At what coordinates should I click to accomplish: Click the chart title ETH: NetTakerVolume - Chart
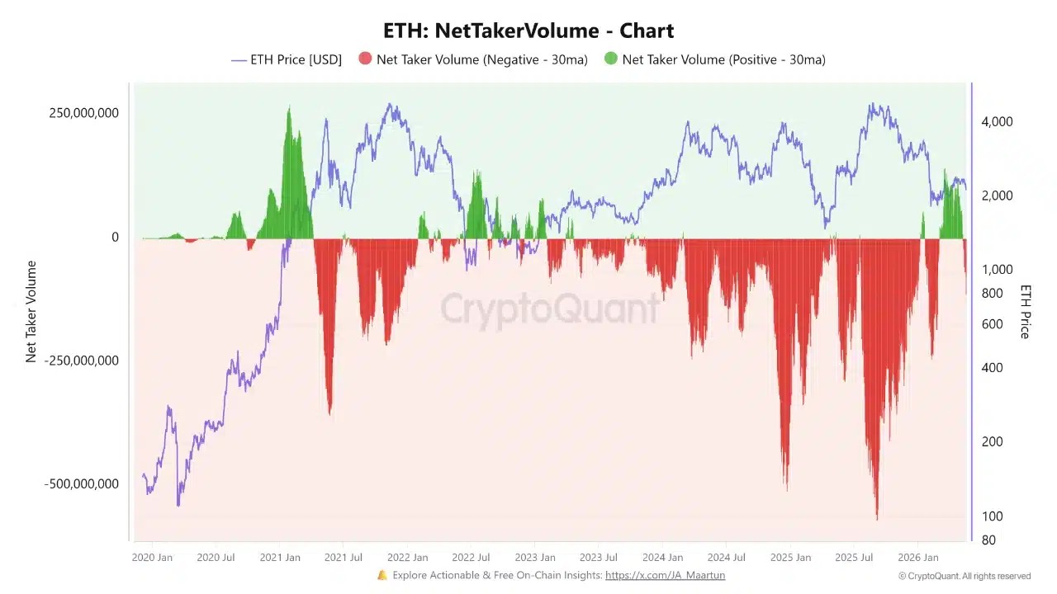[x=528, y=31]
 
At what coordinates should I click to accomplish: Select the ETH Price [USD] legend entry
[x=287, y=60]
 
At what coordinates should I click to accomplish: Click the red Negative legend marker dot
[x=365, y=59]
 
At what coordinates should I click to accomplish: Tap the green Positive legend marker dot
[x=610, y=59]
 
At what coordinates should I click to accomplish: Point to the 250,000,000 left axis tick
[x=83, y=113]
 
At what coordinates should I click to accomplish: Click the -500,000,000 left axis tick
[x=81, y=484]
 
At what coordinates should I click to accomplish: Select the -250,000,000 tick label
[x=81, y=361]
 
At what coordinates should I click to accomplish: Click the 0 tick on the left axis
[x=115, y=237]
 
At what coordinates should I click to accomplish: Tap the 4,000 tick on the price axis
[x=997, y=121]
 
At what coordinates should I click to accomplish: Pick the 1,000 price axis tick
[x=997, y=270]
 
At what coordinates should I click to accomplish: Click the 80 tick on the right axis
[x=988, y=540]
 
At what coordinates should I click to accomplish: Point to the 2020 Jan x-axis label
[x=152, y=558]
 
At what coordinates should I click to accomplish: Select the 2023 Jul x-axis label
[x=599, y=558]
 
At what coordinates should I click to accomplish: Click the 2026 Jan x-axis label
[x=918, y=558]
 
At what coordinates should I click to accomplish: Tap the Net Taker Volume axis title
[x=31, y=312]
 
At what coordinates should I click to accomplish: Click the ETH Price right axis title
[x=1025, y=312]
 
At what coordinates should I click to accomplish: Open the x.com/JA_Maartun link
[x=666, y=575]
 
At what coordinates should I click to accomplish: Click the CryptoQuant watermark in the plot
[x=550, y=309]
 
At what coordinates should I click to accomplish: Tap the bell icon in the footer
[x=382, y=575]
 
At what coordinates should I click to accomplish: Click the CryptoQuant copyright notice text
[x=965, y=576]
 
